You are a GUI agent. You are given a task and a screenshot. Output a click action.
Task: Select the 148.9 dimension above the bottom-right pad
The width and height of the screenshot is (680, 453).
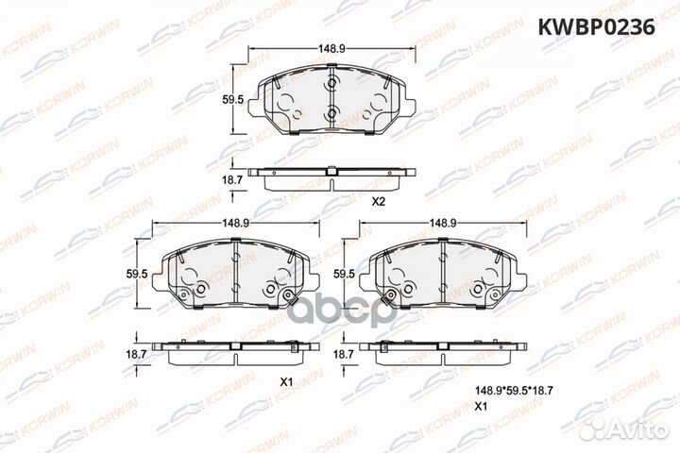pos(442,223)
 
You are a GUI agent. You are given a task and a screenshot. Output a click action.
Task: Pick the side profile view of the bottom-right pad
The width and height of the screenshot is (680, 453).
pos(444,348)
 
